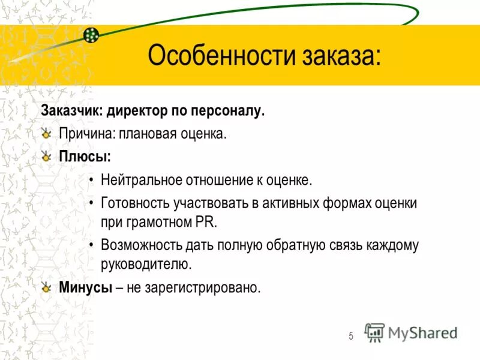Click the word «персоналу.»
(229, 110)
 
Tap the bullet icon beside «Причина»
(47, 133)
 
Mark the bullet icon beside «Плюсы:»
(47, 156)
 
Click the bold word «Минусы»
(86, 287)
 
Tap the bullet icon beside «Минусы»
(47, 287)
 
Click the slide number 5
(351, 336)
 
